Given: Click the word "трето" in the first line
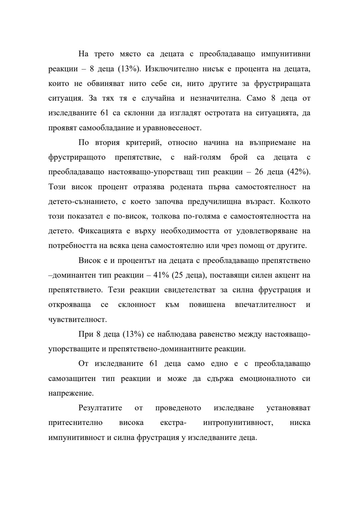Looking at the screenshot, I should pos(104,54).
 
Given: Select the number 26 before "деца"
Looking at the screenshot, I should pos(259,172).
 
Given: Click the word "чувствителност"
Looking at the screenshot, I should pos(77,320).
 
